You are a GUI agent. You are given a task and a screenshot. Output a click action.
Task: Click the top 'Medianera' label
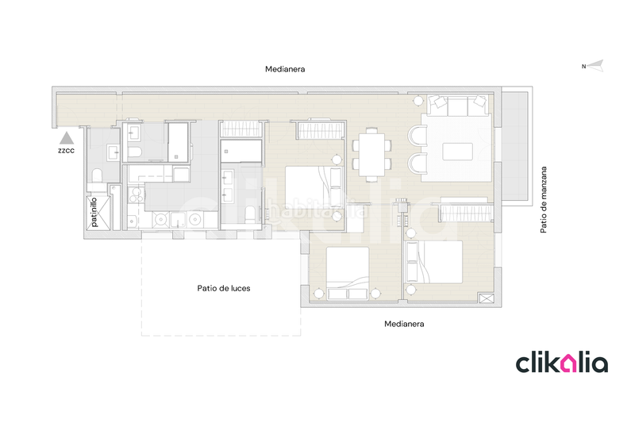click(x=285, y=70)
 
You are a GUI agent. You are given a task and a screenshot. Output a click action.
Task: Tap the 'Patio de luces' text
click(x=224, y=288)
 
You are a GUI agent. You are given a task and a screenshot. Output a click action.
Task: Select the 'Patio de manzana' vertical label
click(x=544, y=199)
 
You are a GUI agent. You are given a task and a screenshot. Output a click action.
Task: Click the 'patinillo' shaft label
click(x=94, y=213)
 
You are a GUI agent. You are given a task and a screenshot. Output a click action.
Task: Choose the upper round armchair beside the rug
click(x=419, y=137)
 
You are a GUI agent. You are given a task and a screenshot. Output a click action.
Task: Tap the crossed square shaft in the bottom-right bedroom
click(x=486, y=298)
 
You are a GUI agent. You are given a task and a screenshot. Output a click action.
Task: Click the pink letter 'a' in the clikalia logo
click(x=568, y=363)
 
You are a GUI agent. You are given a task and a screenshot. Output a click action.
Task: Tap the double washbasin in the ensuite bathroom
click(x=233, y=183)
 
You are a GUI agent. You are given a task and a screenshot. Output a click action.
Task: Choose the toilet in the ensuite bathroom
click(x=249, y=213)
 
